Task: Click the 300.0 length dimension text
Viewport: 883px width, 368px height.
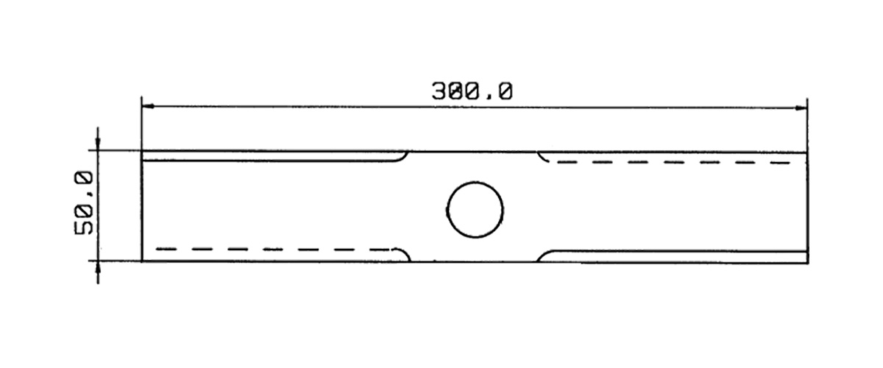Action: pos(472,91)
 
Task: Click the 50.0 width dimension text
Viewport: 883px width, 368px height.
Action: pos(84,202)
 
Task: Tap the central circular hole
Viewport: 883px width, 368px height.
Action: pos(475,210)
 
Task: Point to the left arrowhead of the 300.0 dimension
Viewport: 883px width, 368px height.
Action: pos(148,106)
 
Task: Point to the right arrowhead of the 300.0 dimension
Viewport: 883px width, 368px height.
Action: pos(801,108)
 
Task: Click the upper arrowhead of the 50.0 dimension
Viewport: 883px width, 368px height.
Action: pos(98,143)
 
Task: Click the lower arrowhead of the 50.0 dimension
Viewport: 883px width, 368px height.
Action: pos(98,268)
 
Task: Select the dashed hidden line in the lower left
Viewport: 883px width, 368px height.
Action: pos(273,250)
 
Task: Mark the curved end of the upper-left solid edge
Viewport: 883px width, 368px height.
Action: pos(403,158)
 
